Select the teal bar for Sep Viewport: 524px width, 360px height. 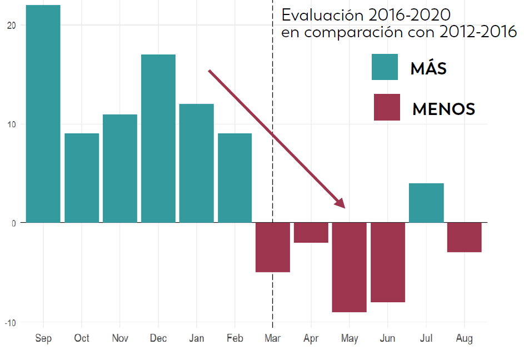(x=43, y=114)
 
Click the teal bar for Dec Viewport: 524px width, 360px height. (x=158, y=138)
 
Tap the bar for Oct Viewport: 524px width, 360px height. (x=82, y=178)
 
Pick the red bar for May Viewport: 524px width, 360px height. (x=349, y=267)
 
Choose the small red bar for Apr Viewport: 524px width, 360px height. (x=311, y=232)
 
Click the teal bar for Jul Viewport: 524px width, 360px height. (x=426, y=203)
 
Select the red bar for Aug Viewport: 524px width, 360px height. (x=464, y=237)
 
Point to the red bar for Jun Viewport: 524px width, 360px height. (x=388, y=262)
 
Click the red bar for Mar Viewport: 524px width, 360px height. (x=272, y=247)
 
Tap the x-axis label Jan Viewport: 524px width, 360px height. (x=196, y=338)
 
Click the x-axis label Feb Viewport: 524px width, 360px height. (x=234, y=338)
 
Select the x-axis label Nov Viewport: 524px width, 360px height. (x=119, y=338)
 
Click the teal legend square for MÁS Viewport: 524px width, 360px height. (x=385, y=67)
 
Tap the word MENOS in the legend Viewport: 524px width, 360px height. (x=443, y=109)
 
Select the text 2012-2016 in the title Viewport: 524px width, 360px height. (x=478, y=32)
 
